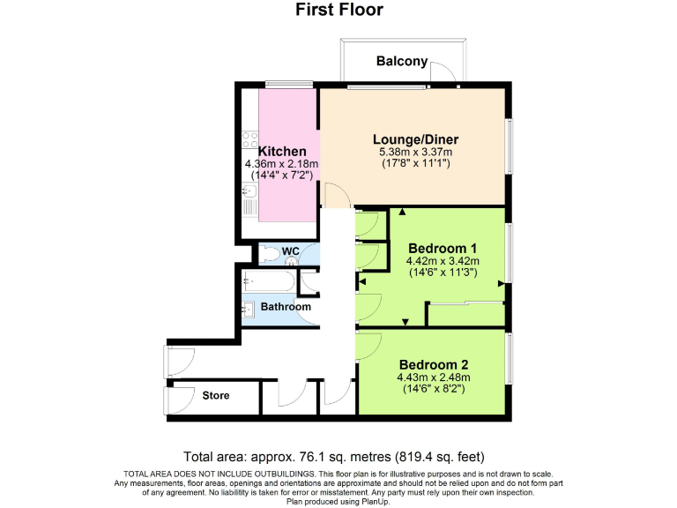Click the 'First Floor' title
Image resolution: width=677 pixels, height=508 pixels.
coord(338,11)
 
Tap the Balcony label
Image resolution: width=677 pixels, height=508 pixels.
coord(401,61)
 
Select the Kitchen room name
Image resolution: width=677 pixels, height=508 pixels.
coord(282,152)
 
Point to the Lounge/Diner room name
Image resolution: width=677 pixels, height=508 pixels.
coord(415,139)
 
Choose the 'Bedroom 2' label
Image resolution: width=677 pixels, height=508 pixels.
coord(433,364)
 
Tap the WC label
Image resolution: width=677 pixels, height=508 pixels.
coord(290,252)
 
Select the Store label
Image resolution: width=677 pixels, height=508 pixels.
coord(216,395)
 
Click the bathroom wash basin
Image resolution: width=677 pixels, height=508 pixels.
coord(247,309)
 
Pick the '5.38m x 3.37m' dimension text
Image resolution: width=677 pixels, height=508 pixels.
coord(415,152)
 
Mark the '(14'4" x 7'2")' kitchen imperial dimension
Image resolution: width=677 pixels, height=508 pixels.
coord(282,176)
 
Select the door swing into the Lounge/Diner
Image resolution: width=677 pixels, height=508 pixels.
coord(332,193)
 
